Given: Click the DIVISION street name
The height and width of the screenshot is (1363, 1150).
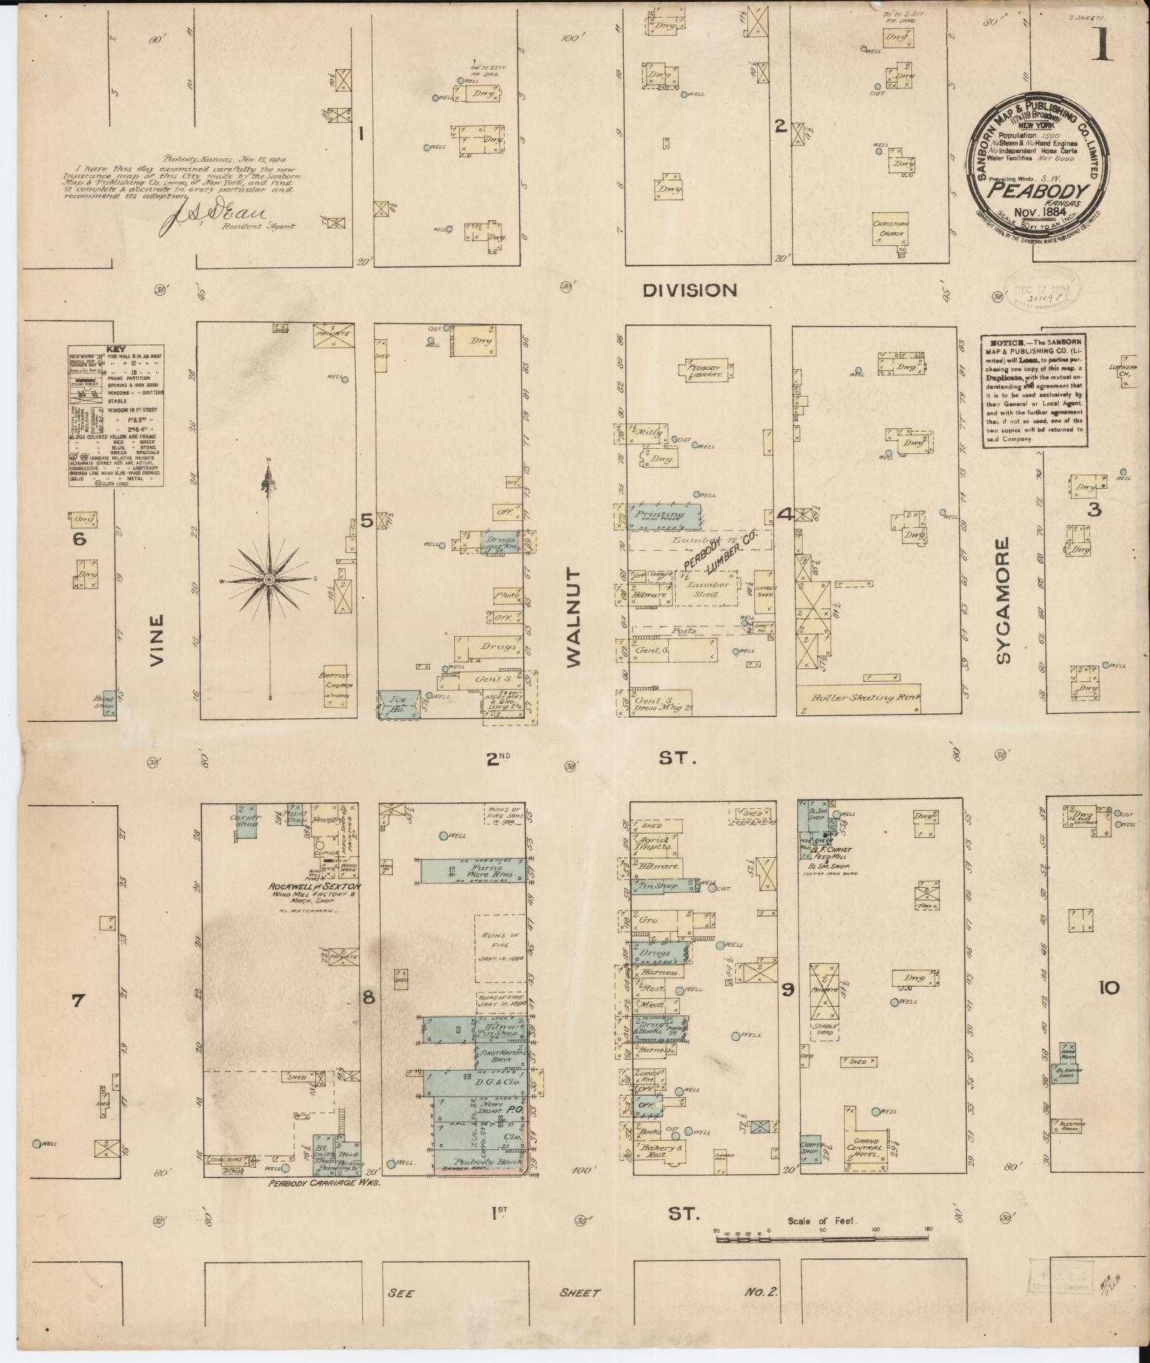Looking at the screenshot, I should pos(689,290).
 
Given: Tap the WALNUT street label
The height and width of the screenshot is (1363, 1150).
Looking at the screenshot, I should pos(575,618).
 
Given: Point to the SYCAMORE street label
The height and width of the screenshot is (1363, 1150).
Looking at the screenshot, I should pos(1004,601).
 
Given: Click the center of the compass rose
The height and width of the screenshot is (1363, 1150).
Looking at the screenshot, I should pos(269,581).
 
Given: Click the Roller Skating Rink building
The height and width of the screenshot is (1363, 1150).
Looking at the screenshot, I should pos(859,699).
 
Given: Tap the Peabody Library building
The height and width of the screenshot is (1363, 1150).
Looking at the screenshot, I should pos(705,370).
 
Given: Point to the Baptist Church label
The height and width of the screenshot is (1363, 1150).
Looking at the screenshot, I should pos(336,680).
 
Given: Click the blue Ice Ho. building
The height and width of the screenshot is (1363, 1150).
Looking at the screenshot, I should pos(397,703).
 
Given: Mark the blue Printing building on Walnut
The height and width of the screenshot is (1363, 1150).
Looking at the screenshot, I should pos(662,515).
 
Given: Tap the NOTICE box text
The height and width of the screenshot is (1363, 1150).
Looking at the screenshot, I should pos(1034,392).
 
